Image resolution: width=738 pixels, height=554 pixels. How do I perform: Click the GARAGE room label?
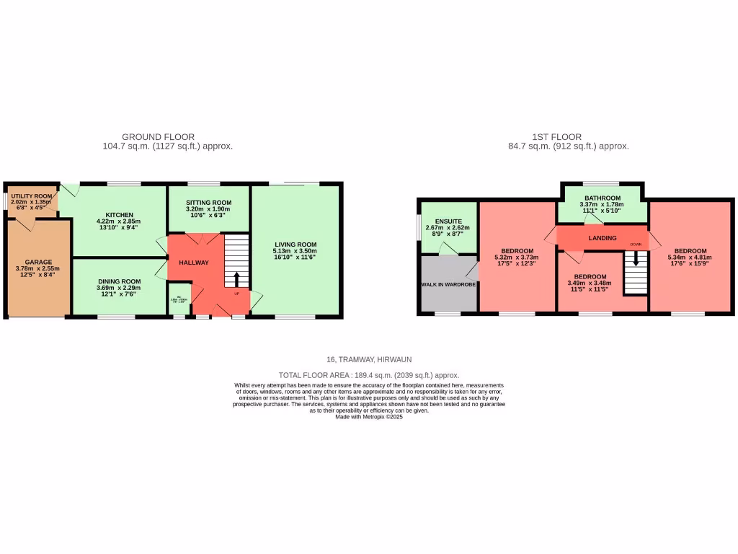[x=38, y=262]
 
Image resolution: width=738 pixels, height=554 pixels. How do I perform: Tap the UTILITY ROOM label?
[x=32, y=196]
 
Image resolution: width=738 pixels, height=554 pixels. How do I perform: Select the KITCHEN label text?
[x=119, y=215]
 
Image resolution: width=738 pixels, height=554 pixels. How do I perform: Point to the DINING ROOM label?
[x=119, y=281]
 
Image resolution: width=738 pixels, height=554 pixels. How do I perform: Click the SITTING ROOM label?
[x=208, y=203]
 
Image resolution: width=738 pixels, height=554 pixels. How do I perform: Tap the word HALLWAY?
[x=194, y=263]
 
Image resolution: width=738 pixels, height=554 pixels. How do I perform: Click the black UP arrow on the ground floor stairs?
[x=237, y=279]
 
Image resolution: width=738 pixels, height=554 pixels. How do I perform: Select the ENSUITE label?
[x=448, y=221]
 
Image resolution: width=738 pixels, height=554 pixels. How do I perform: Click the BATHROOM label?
[x=603, y=198]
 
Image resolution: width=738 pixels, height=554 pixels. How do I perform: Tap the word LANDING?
[x=603, y=237]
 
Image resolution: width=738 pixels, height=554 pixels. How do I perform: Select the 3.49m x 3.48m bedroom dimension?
[x=590, y=283]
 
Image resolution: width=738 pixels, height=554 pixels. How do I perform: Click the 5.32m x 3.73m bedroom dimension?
[x=516, y=257]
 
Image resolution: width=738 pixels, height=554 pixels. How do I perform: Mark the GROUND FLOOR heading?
[x=158, y=137]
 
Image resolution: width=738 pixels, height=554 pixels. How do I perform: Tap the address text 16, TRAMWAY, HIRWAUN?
[x=368, y=359]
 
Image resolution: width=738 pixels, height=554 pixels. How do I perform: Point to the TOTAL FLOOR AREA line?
[x=368, y=375]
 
